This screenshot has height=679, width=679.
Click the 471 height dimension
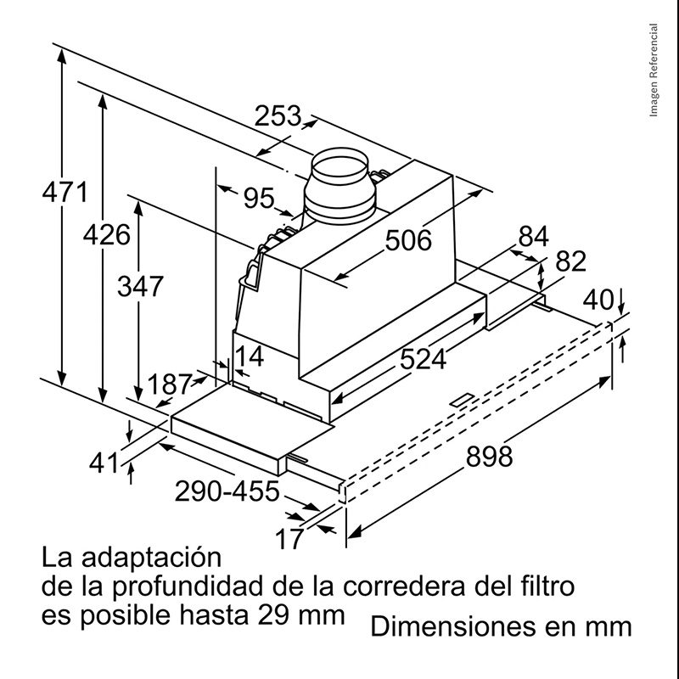65,192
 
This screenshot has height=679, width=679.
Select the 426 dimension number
107,235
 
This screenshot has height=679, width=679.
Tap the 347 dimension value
140,286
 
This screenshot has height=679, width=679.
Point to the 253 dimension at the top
278,116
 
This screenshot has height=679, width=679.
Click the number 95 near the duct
259,198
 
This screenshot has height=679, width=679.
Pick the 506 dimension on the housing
408,240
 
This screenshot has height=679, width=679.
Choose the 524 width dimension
423,359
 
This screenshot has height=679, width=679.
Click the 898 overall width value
489,457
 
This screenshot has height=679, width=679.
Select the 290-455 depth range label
227,491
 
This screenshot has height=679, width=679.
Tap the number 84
534,237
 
